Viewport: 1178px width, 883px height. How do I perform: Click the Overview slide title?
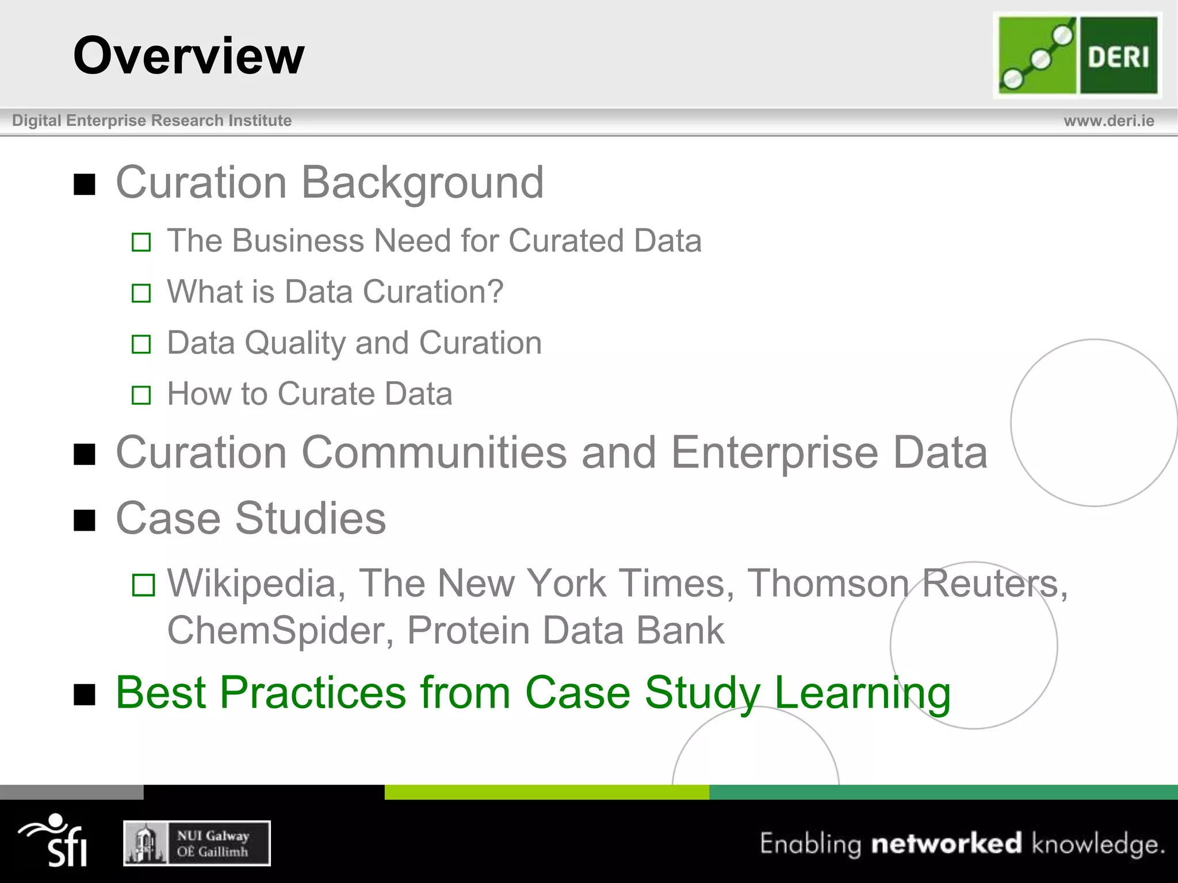[x=189, y=56]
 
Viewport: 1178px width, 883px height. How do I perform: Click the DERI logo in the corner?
[x=1077, y=56]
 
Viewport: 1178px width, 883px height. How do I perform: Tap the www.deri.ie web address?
[x=1108, y=121]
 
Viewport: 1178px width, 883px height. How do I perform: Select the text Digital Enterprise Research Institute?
[x=152, y=121]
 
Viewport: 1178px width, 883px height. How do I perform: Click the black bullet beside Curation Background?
[x=85, y=185]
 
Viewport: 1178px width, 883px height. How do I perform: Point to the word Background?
[x=422, y=183]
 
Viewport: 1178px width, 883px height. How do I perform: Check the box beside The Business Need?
[x=141, y=242]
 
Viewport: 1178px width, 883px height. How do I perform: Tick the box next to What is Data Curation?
[x=141, y=293]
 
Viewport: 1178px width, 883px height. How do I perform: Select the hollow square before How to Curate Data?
[x=141, y=396]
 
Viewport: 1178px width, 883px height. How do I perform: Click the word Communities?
[x=434, y=453]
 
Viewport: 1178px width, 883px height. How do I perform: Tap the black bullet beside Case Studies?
[x=85, y=520]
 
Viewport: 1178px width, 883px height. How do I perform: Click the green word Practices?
[x=313, y=693]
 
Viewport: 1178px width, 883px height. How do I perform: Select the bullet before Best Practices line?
[x=85, y=694]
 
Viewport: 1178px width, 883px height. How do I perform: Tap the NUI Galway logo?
[x=197, y=843]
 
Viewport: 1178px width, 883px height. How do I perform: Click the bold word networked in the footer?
[x=946, y=843]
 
